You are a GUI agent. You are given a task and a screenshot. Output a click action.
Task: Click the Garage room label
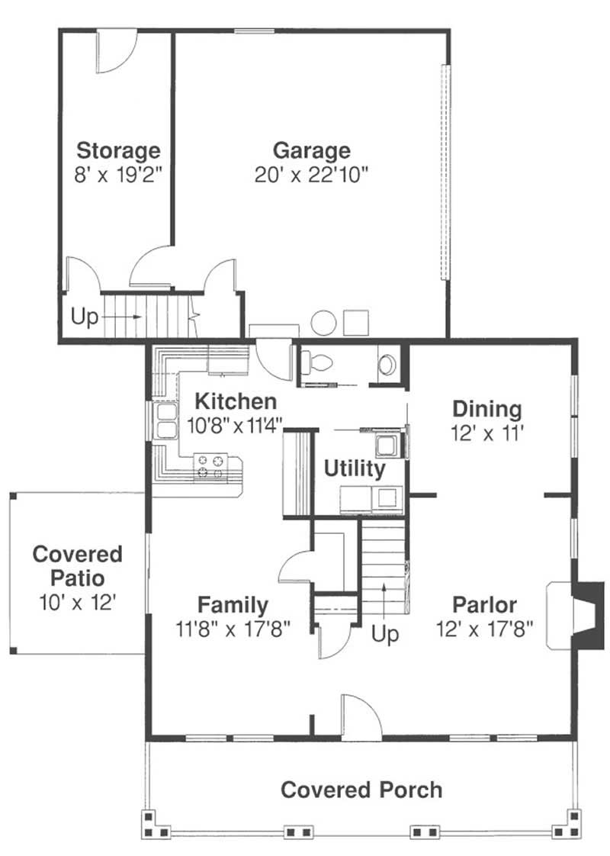pos(312,150)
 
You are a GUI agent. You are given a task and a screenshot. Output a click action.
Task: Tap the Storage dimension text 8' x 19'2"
pos(118,175)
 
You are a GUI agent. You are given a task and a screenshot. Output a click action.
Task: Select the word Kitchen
pos(236,401)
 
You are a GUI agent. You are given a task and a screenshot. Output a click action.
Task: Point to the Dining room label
pos(487,409)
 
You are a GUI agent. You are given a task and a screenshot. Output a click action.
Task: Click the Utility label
pos(355,468)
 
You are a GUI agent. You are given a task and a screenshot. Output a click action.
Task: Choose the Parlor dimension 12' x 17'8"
pos(484,629)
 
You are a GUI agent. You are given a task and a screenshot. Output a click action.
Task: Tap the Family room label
pos(233,605)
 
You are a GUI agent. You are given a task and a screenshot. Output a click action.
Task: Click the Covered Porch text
pos(361,790)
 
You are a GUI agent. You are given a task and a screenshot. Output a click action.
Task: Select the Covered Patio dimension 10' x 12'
pos(78,603)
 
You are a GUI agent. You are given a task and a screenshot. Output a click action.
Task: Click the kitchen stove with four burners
pos(210,468)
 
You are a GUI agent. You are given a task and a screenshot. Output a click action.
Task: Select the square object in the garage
pos(356,323)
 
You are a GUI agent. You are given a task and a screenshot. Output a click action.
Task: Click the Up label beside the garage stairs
pos(85,317)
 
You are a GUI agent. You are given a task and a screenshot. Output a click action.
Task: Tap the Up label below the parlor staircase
pos(385,634)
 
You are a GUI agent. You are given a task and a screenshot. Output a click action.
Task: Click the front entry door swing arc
pos(370,707)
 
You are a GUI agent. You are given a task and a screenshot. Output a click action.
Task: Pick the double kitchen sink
pos(166,421)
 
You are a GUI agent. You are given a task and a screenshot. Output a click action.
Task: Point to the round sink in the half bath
pos(387,364)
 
